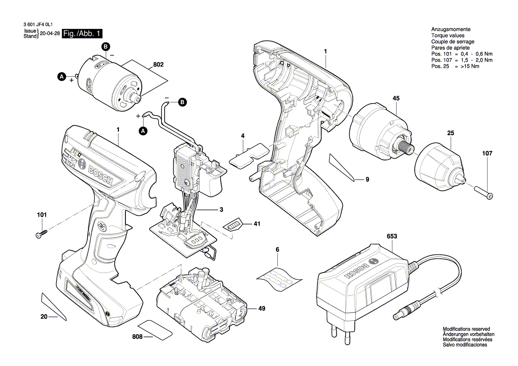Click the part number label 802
[x=158, y=65]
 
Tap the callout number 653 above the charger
[x=392, y=237]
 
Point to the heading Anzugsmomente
[x=451, y=29]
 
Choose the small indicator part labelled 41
[x=233, y=225]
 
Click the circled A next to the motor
[x=62, y=77]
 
